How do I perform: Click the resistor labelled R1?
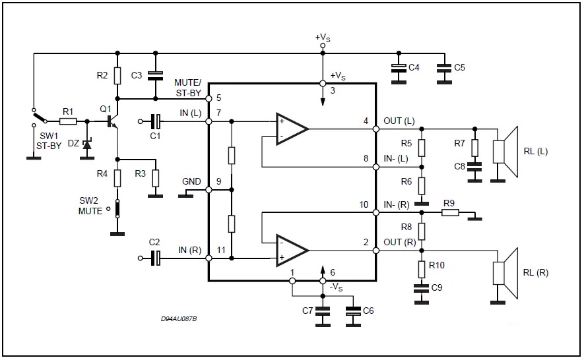67,121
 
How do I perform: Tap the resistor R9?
451,212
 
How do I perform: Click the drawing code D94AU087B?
179,319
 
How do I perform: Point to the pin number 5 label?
218,98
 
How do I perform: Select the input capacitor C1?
156,121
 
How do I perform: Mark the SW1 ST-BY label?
48,140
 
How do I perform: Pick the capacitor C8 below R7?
472,167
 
